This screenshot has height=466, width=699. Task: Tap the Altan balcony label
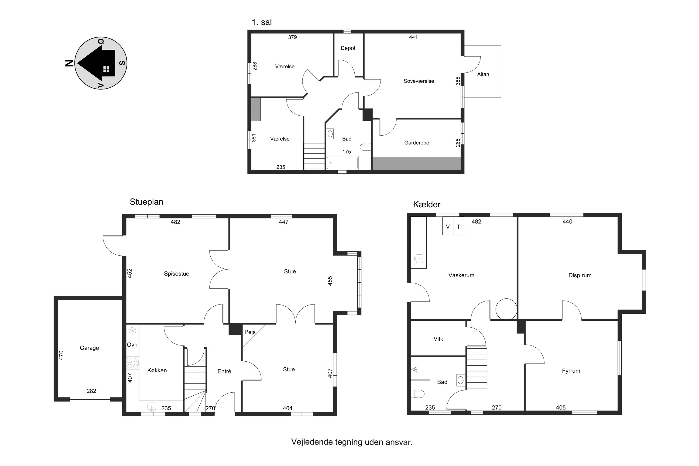[483, 74]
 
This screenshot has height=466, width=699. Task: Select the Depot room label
[348, 48]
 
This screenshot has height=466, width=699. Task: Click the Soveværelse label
[419, 81]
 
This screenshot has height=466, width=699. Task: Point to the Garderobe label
[417, 143]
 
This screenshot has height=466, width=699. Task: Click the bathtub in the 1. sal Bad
[342, 163]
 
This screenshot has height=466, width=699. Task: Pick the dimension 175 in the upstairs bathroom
[346, 152]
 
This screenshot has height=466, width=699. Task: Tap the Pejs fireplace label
[250, 332]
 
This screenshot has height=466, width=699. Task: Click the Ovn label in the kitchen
[132, 345]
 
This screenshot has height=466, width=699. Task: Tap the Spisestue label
[177, 274]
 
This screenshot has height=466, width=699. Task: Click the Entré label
[224, 371]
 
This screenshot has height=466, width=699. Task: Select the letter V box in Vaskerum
[448, 226]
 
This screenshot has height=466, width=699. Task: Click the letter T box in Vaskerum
[459, 226]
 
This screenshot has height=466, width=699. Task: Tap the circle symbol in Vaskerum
[506, 309]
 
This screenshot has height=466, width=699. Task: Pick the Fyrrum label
[571, 371]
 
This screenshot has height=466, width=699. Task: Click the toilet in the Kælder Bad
[417, 394]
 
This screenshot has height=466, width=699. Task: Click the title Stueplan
[147, 202]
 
